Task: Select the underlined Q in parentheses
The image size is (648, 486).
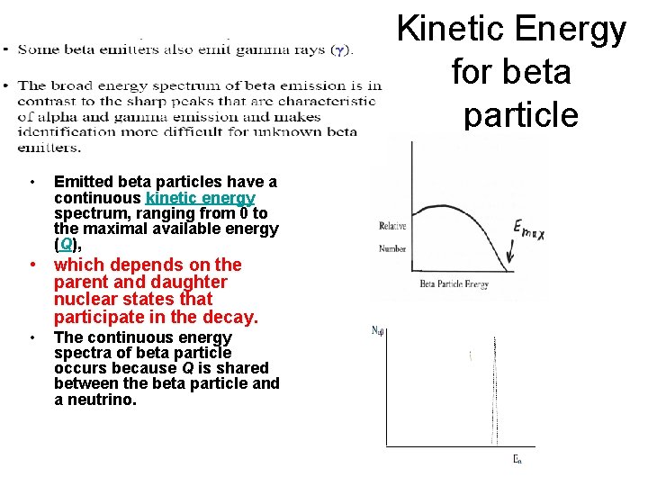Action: pos(67,244)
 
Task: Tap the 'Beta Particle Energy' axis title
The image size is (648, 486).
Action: pos(454,285)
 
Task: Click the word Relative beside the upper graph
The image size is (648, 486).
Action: pos(392,226)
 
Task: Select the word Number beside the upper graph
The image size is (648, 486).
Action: pos(391,248)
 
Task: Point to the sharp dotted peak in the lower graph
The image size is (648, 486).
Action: pos(494,387)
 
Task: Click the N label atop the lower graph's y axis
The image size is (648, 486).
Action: pos(379,330)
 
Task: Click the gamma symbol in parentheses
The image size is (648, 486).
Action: pos(341,50)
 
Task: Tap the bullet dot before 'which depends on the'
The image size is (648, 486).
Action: pos(32,265)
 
